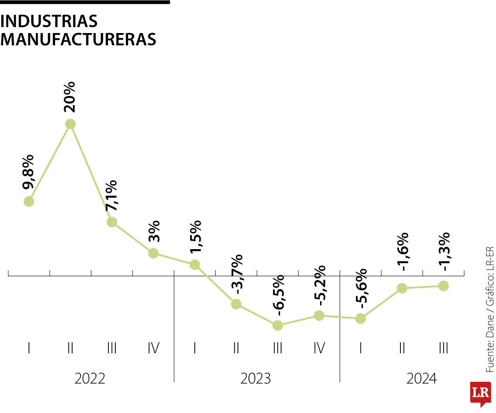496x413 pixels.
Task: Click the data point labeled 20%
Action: click(x=70, y=124)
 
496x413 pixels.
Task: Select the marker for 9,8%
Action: click(x=29, y=201)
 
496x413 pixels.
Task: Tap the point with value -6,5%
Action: click(x=277, y=325)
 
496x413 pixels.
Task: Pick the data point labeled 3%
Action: click(x=153, y=253)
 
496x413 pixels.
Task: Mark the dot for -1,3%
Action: click(x=443, y=285)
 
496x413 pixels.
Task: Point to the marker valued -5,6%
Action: click(x=361, y=318)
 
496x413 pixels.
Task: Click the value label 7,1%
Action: click(x=111, y=195)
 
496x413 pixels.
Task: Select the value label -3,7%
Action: click(x=237, y=274)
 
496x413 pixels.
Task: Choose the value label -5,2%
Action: click(x=320, y=285)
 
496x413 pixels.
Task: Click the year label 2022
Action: click(x=90, y=379)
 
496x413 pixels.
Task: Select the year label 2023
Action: click(x=256, y=379)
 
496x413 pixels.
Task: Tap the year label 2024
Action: click(x=422, y=379)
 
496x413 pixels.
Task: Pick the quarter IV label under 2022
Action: click(x=153, y=348)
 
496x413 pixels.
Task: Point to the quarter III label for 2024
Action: click(x=443, y=348)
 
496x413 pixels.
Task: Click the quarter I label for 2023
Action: click(x=195, y=348)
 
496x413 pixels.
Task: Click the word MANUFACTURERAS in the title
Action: click(x=79, y=39)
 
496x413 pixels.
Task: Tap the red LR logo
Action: click(x=480, y=394)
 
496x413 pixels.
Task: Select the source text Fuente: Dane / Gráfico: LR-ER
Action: click(x=490, y=310)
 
